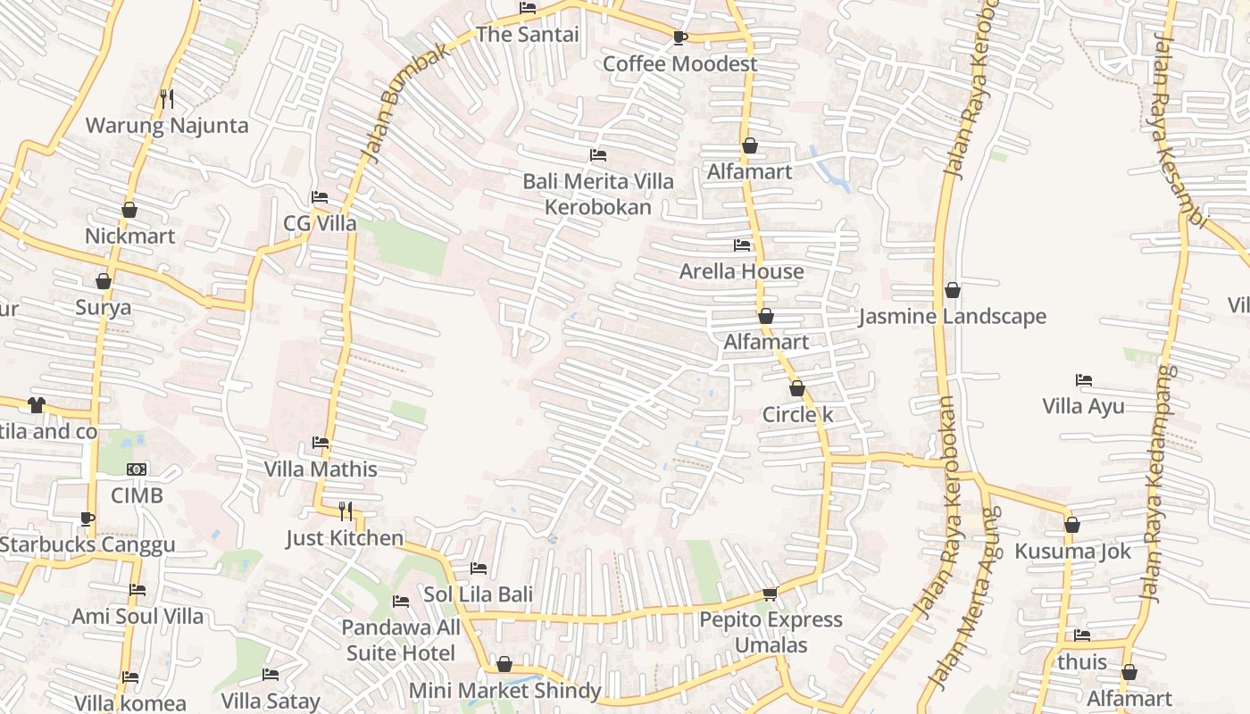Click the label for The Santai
pos(527,35)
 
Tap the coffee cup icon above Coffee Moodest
pos(679,37)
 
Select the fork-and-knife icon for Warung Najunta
pos(167,98)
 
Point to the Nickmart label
pos(130,237)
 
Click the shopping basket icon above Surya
pos(104,281)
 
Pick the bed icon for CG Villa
pos(320,197)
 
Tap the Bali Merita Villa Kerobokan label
pos(598,194)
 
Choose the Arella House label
pos(741,271)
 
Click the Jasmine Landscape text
pos(952,317)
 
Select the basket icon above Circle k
pos(797,388)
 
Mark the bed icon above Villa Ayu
pos(1084,380)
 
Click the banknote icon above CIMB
pos(137,469)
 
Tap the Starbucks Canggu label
pos(87,544)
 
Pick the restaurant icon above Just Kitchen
pos(346,511)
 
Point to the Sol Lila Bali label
pos(478,594)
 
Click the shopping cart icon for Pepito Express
pos(771,594)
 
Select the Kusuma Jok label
pos(1072,552)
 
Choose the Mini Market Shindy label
pos(504,691)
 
